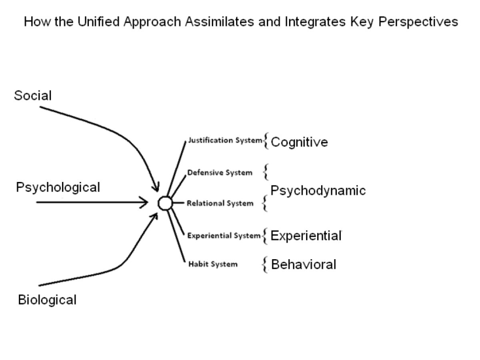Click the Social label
(x=33, y=96)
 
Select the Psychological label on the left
(x=58, y=187)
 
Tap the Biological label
(x=47, y=300)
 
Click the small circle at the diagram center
(x=165, y=203)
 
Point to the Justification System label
(x=225, y=140)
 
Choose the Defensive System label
(x=220, y=173)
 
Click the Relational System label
(x=220, y=203)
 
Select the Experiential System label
(x=224, y=236)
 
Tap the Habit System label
(x=213, y=264)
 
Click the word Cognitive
(x=299, y=142)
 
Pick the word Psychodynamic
(x=318, y=190)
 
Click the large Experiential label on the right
(x=306, y=236)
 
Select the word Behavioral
(x=304, y=264)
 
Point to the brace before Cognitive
(x=266, y=142)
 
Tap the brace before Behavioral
(x=265, y=264)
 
